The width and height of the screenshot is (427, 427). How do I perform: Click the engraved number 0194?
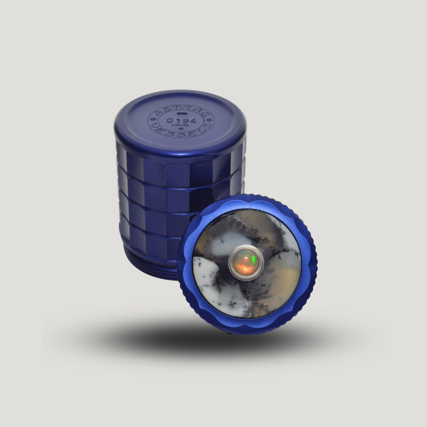181,121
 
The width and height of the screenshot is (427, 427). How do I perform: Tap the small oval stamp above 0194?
180,113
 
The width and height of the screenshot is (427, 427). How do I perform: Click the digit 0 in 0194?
170,120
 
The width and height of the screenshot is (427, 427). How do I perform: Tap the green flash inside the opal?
252,258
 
